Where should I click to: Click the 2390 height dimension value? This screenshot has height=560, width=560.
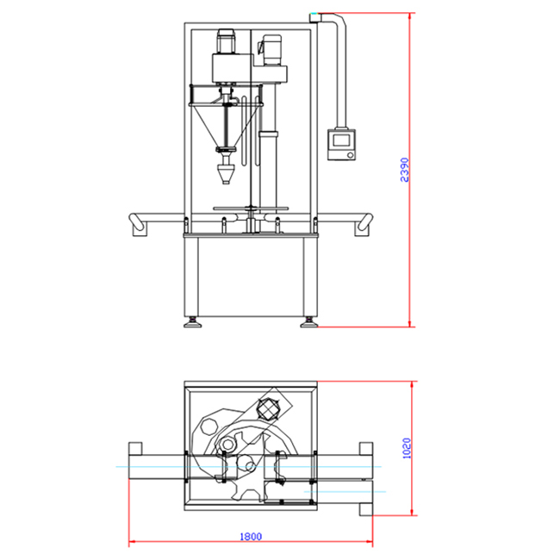coord(404,170)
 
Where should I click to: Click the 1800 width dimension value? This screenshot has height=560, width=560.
coord(251,537)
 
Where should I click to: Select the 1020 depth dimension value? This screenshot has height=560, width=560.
coord(407,448)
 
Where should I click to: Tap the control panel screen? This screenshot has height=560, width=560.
coord(341,140)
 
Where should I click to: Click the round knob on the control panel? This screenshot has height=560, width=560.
coord(351,155)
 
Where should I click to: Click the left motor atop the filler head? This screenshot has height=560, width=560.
coord(226,41)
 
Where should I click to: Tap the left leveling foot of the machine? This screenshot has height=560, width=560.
coord(192,323)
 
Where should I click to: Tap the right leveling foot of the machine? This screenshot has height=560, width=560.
coord(308,323)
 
